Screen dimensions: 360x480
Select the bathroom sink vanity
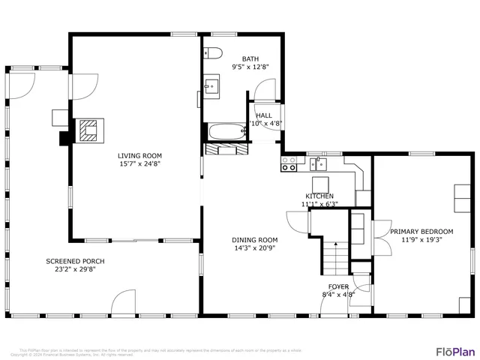pyautogui.click(x=211, y=87)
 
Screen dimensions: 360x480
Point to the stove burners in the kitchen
pyautogui.click(x=288, y=163)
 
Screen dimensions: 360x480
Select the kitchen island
pyautogui.click(x=321, y=184)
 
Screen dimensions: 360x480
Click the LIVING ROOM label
pyautogui.click(x=139, y=155)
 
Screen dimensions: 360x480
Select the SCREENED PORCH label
pyautogui.click(x=75, y=261)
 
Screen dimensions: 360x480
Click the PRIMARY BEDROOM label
pyautogui.click(x=421, y=232)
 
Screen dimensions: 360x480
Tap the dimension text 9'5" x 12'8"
pyautogui.click(x=250, y=67)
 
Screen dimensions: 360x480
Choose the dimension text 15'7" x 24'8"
pyautogui.click(x=139, y=163)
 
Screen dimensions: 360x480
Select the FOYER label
pyautogui.click(x=338, y=286)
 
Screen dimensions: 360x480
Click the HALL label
pyautogui.click(x=264, y=115)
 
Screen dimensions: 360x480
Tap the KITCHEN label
pyautogui.click(x=319, y=196)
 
